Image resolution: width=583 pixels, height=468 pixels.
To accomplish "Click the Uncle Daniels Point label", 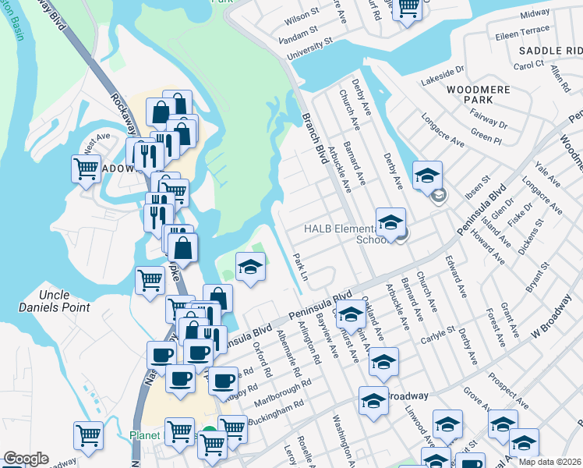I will pos(55,301).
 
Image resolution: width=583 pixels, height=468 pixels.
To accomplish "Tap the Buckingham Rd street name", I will pos(276,413).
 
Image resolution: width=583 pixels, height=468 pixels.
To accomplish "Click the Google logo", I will pos(26,459).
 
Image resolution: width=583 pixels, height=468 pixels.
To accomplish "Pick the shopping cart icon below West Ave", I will pos(86,169).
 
